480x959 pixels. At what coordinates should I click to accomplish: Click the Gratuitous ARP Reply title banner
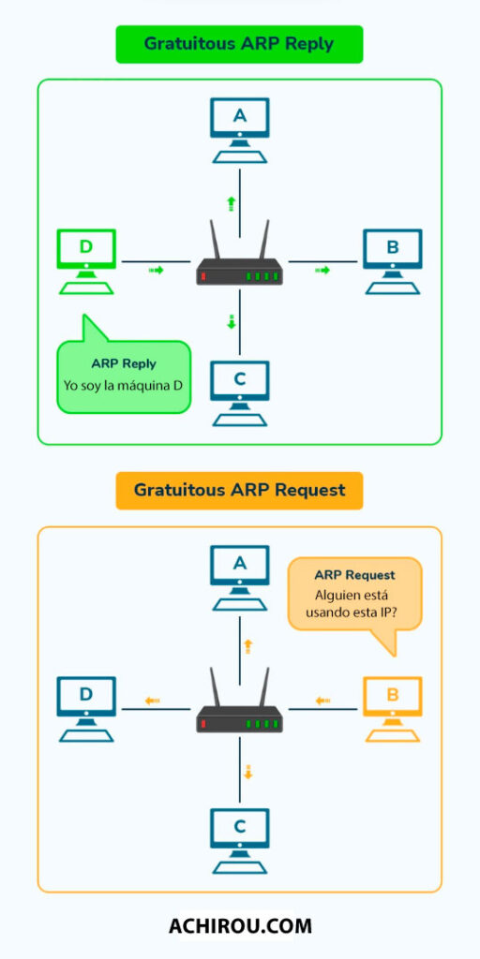click(239, 44)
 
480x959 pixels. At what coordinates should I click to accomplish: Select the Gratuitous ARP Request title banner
click(239, 491)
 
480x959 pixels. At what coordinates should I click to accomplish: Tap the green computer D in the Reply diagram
click(86, 262)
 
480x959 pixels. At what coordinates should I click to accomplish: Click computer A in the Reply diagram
click(239, 130)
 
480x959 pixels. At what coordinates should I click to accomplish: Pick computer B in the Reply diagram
click(393, 262)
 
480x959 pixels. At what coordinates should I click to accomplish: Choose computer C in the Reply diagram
click(239, 393)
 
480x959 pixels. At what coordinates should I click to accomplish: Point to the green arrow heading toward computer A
click(231, 203)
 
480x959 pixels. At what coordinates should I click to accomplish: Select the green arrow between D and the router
click(157, 270)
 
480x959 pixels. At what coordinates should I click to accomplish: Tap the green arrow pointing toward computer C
click(231, 321)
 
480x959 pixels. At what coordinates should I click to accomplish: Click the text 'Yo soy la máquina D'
click(124, 386)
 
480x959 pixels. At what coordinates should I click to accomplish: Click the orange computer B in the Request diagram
click(393, 710)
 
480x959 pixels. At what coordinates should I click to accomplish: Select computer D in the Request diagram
click(86, 710)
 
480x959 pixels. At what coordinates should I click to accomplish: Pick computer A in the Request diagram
click(239, 578)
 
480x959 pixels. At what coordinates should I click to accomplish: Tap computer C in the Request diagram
click(239, 841)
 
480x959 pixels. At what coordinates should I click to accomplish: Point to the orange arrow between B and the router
click(322, 701)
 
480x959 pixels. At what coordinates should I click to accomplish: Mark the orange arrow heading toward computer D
click(153, 701)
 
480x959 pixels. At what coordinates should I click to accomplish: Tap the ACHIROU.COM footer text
click(240, 925)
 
